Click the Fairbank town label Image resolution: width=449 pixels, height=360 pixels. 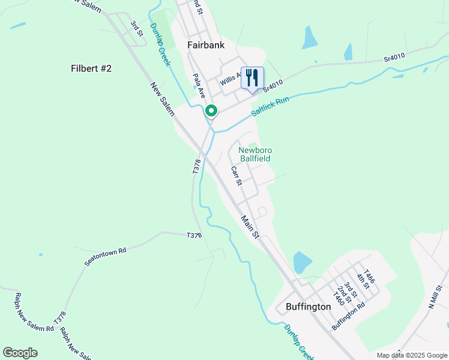click(x=206, y=44)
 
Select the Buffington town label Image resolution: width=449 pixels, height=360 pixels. click(x=304, y=307)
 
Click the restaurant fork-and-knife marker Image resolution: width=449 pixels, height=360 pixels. click(x=252, y=77)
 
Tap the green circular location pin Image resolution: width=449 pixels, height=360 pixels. click(x=211, y=110)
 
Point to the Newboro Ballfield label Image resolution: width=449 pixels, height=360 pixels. click(x=255, y=154)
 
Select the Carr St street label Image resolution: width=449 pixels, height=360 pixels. click(x=236, y=175)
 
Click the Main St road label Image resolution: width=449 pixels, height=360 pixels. click(x=250, y=226)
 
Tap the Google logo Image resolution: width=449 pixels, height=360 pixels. click(x=20, y=353)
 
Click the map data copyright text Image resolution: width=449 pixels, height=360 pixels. click(x=412, y=355)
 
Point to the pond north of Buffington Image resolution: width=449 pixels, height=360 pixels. click(x=302, y=262)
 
